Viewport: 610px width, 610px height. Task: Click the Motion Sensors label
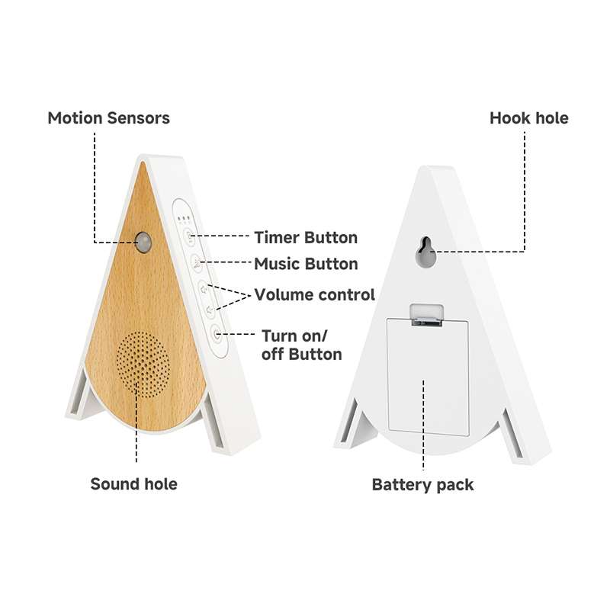point(108,118)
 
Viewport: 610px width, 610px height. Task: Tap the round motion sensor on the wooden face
point(143,242)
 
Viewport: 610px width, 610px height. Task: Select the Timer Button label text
point(306,237)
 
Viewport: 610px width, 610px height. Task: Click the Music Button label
point(306,264)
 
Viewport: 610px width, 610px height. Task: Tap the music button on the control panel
point(197,263)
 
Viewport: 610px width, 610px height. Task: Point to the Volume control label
point(314,294)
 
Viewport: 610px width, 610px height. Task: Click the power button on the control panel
point(217,334)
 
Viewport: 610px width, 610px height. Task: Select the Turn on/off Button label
point(301,345)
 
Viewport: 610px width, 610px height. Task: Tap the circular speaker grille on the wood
point(143,364)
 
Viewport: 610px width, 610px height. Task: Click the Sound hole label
point(134,484)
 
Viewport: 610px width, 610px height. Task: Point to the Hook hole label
point(528,118)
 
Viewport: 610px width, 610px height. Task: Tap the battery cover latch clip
point(427,315)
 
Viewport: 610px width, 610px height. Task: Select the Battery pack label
point(423,485)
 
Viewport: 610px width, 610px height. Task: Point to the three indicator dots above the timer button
point(184,219)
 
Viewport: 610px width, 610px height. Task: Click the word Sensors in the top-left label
point(139,118)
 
